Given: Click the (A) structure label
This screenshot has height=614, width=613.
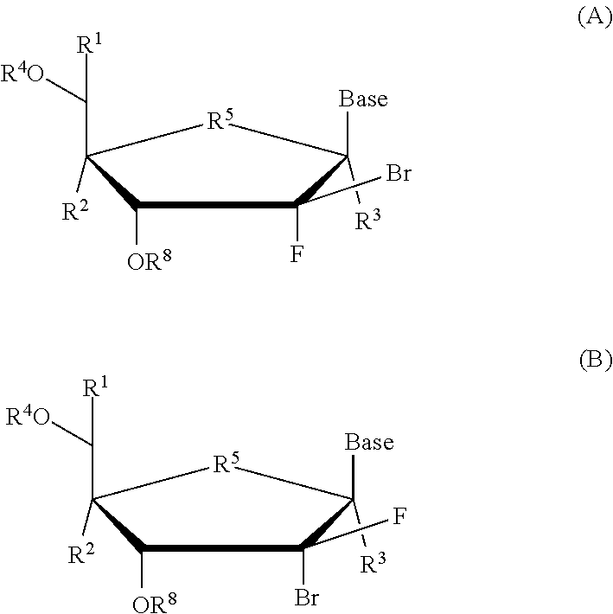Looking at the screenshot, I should (594, 18).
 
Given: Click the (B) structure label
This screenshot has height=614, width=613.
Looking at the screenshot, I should (594, 360).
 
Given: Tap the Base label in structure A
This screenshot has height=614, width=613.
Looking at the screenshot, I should (363, 99).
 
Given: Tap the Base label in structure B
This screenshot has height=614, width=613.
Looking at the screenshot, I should (369, 443).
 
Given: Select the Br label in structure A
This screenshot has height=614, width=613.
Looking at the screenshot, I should (398, 174).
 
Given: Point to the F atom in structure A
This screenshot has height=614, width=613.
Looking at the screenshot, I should (297, 259).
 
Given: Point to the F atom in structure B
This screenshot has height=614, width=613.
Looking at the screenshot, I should (399, 517).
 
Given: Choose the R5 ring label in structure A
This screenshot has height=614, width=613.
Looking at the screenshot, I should (220, 120).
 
